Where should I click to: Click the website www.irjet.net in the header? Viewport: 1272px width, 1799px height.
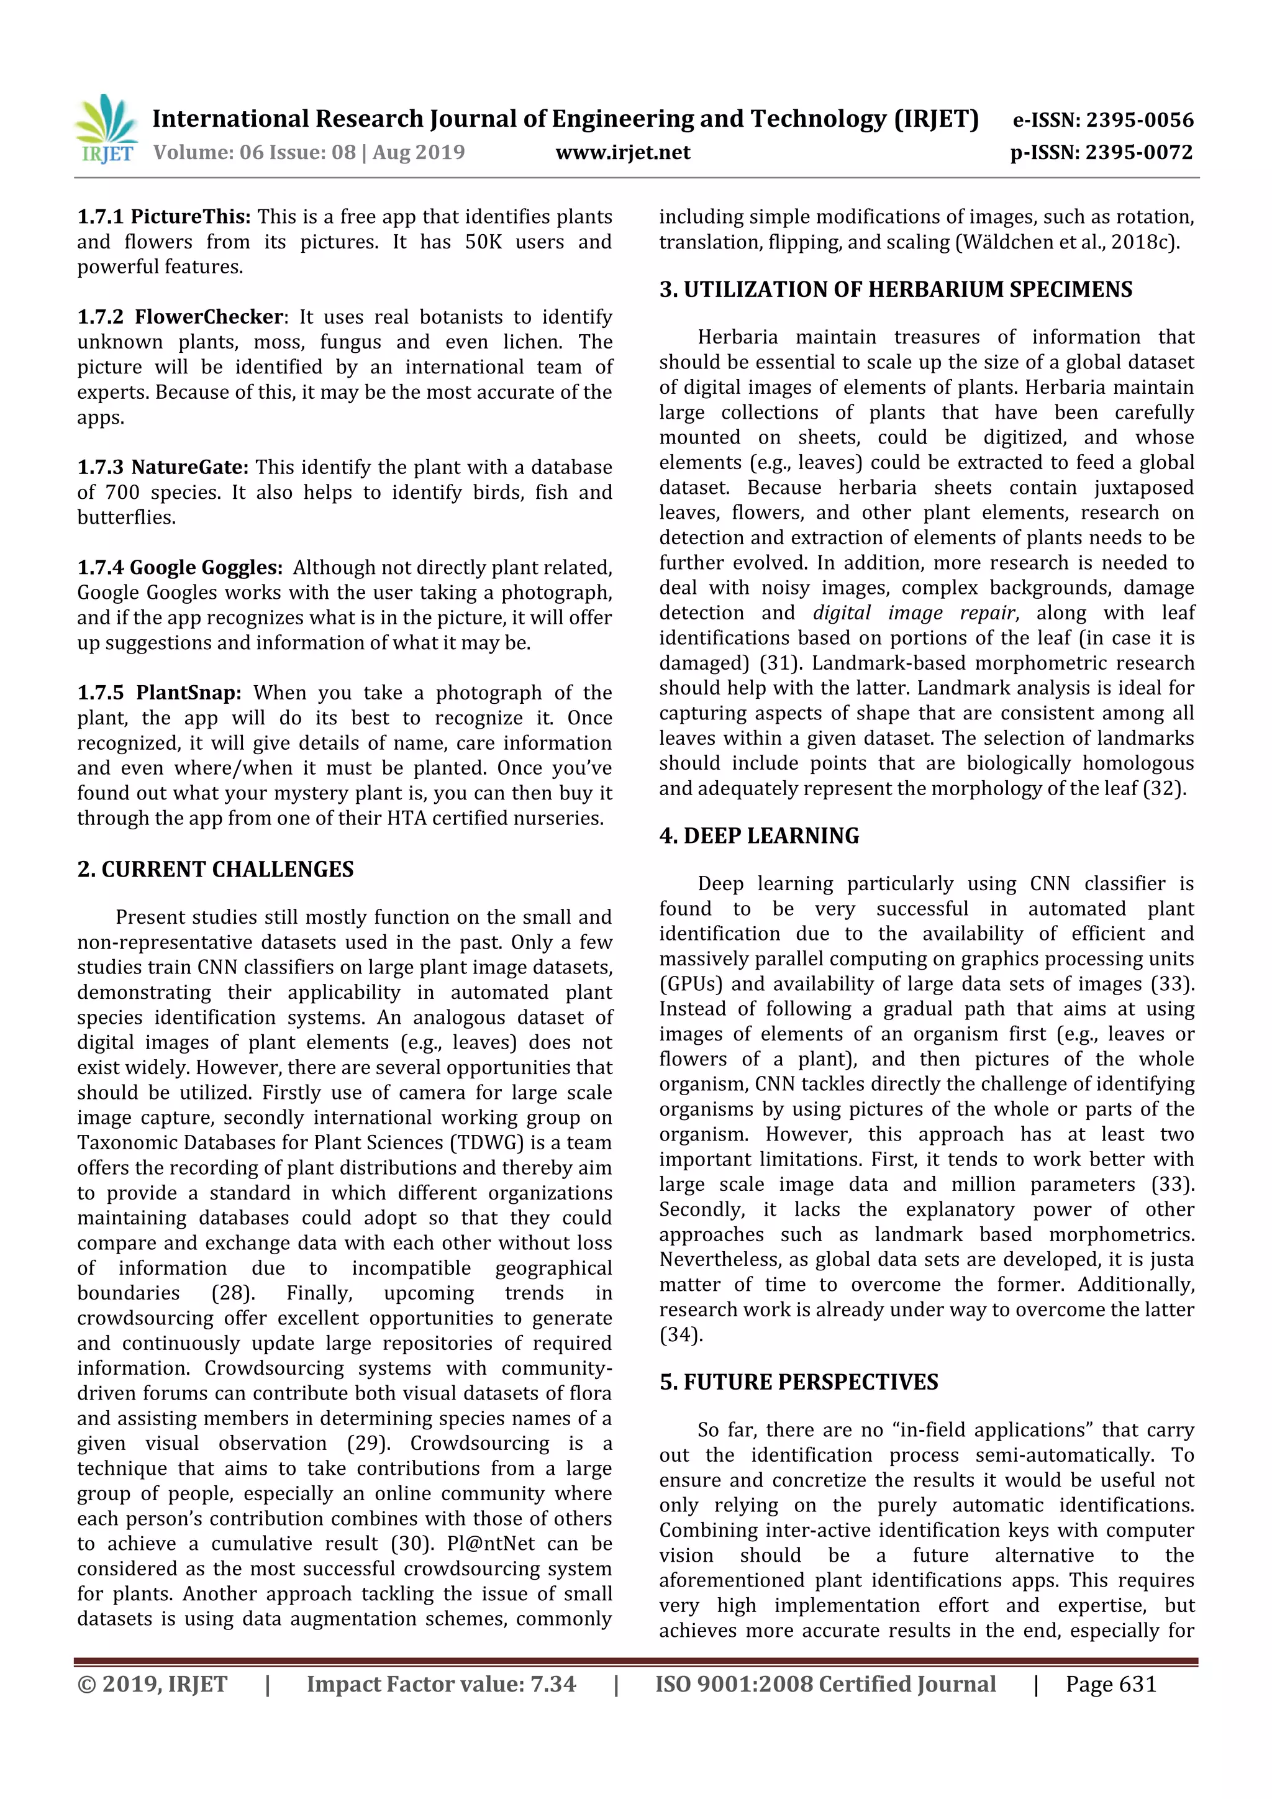(x=623, y=152)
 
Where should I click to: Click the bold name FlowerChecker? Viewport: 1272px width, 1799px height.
(x=208, y=317)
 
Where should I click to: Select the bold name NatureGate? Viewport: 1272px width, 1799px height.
(x=189, y=467)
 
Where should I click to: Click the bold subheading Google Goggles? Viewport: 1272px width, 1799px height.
(x=205, y=567)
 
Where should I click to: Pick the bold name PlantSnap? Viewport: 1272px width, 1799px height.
(x=189, y=693)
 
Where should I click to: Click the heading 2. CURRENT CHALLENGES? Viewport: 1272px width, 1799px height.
(x=216, y=869)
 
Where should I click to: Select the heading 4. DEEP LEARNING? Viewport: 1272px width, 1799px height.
(x=759, y=836)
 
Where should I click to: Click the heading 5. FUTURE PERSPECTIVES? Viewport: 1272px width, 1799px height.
(x=798, y=1382)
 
